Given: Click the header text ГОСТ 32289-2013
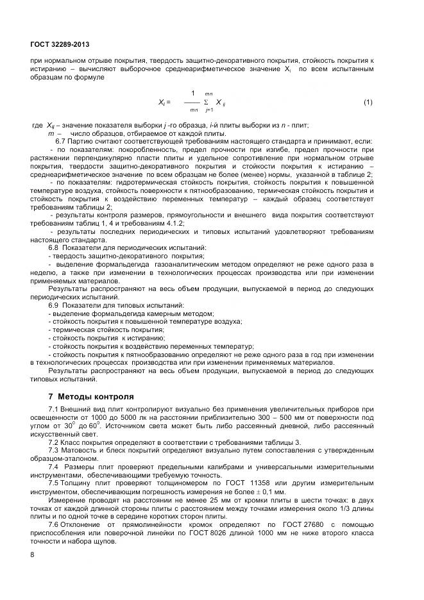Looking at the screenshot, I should pos(59,44).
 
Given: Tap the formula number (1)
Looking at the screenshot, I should pos(368,102).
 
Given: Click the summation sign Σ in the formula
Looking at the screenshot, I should pos(205,102).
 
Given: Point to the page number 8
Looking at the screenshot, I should pos(33,555).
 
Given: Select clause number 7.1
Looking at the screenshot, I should pos(55,410).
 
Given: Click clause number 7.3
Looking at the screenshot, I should pos(55,451).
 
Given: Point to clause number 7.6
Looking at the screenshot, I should pos(55,525).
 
